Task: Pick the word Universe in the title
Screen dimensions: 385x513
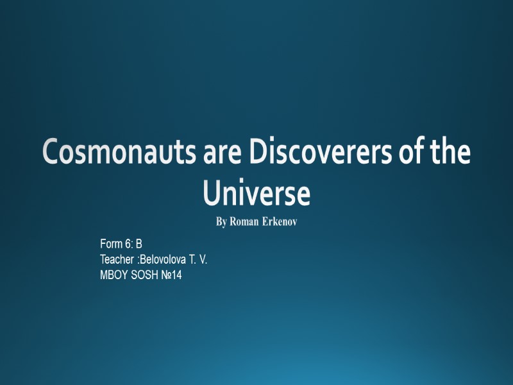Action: (256, 194)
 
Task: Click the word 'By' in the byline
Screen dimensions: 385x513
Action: (221, 223)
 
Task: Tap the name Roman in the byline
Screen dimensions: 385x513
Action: (244, 223)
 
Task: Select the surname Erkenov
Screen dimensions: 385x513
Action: (280, 223)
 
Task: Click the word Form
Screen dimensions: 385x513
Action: (111, 244)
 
